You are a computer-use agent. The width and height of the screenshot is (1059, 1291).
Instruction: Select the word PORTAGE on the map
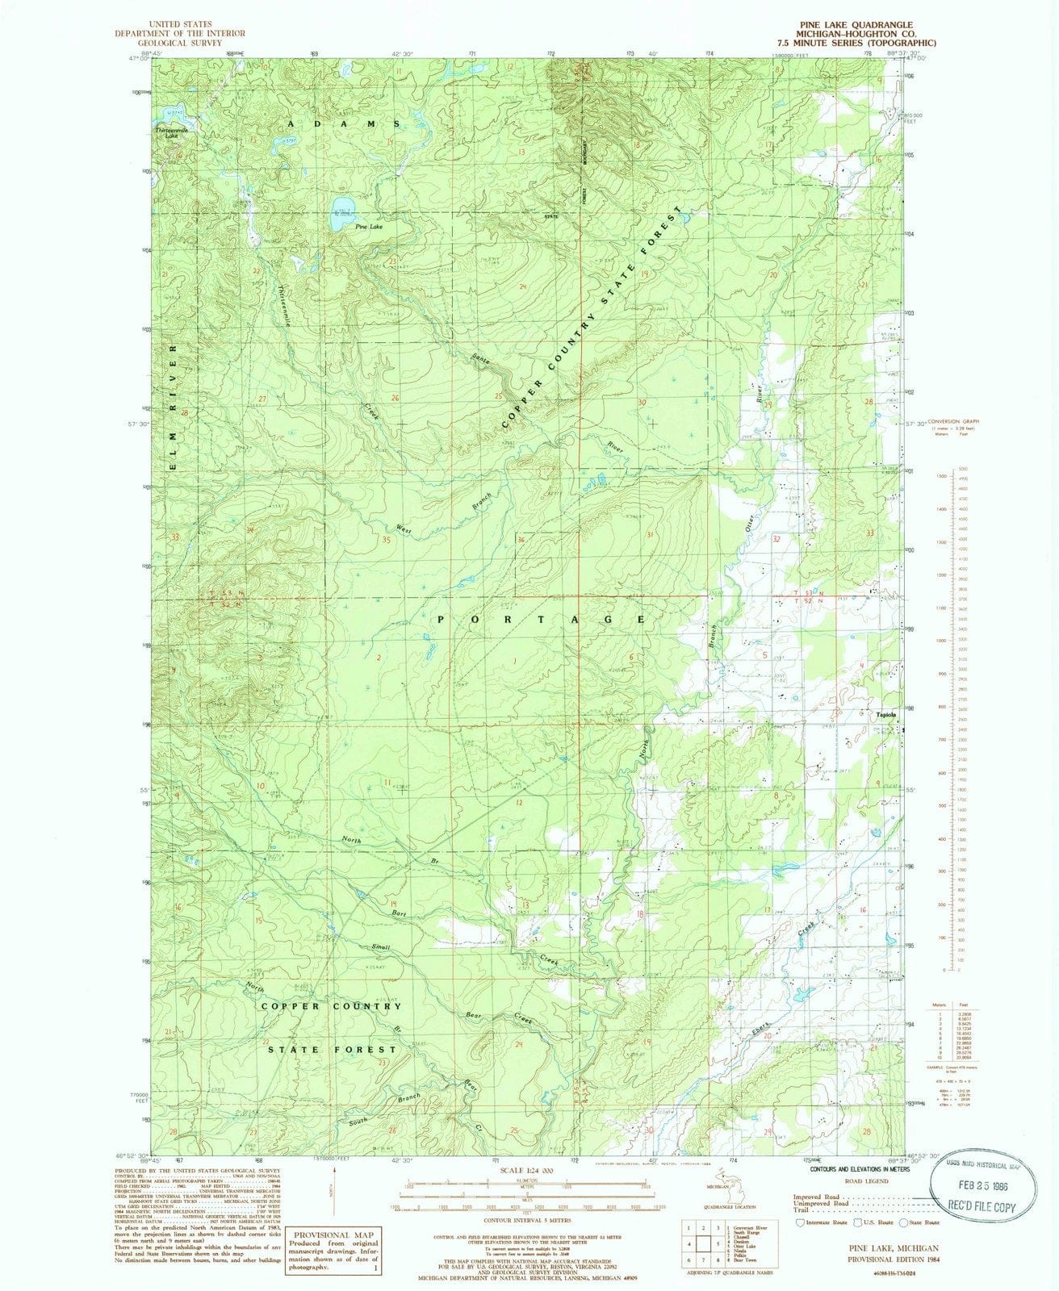(x=542, y=619)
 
